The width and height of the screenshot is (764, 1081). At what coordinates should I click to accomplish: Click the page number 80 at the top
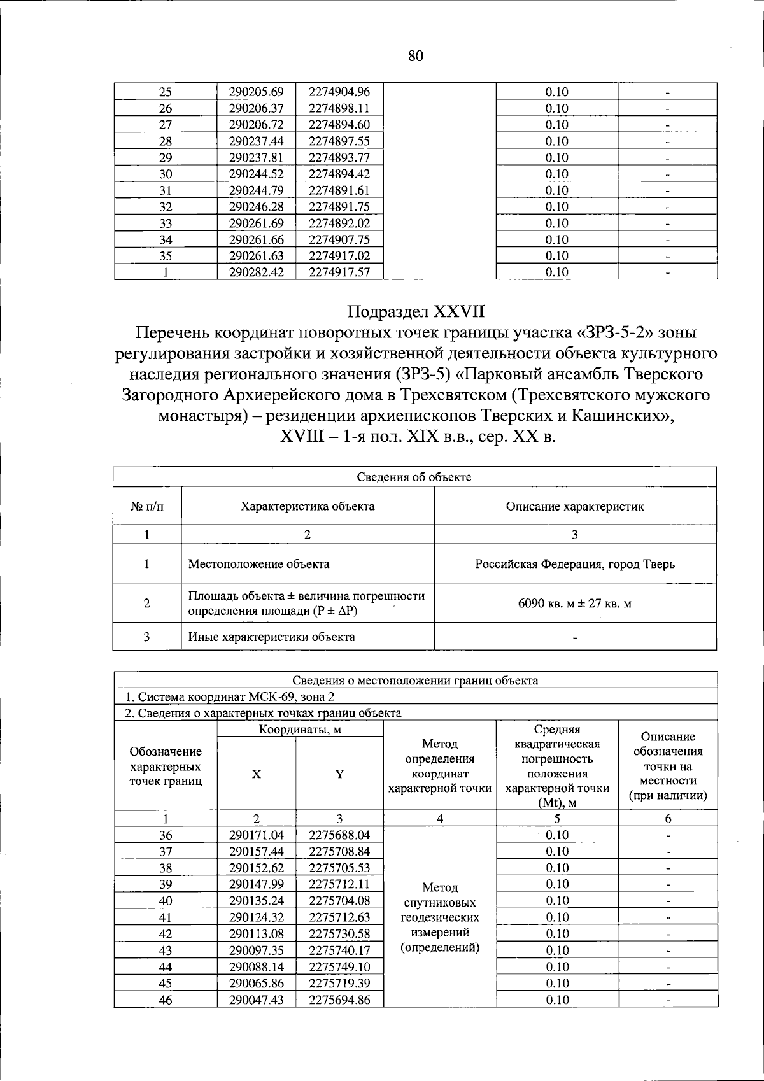(415, 56)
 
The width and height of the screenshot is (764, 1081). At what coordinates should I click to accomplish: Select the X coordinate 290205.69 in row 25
(256, 92)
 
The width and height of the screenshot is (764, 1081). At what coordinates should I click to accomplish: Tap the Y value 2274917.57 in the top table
(339, 272)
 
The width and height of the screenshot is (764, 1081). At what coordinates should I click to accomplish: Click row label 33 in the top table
(166, 223)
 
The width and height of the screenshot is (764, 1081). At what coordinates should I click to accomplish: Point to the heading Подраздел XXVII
(415, 312)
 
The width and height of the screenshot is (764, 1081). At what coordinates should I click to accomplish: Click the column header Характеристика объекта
(307, 506)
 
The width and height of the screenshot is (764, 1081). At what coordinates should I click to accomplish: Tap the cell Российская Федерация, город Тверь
(575, 563)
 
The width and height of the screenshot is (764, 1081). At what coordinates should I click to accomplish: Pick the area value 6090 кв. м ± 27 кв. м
(575, 603)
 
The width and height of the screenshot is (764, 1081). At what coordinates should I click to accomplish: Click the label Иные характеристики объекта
(272, 637)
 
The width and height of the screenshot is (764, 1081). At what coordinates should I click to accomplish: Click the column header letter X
(256, 774)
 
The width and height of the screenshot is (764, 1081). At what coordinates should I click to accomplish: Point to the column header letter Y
(339, 774)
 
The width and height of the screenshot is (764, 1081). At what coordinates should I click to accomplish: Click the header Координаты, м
(300, 730)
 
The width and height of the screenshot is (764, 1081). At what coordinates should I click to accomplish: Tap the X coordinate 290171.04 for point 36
(256, 835)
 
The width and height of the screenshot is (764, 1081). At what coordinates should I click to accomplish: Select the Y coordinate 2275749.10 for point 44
(339, 966)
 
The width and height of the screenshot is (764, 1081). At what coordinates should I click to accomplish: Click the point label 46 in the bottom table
(166, 1000)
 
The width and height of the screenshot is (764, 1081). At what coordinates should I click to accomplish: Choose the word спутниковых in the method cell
(440, 903)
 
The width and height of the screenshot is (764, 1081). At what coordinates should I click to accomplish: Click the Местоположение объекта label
(259, 563)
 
